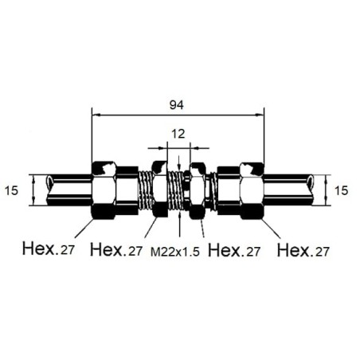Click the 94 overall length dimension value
click(x=177, y=105)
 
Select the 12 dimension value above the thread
click(x=178, y=134)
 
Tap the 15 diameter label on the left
click(x=11, y=190)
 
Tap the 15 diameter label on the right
click(x=341, y=190)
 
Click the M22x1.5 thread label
click(x=175, y=252)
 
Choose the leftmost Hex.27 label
click(x=49, y=248)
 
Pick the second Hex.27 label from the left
click(x=116, y=249)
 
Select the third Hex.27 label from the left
click(x=234, y=250)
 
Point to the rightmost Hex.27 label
click(x=303, y=250)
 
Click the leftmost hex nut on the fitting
click(x=104, y=190)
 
